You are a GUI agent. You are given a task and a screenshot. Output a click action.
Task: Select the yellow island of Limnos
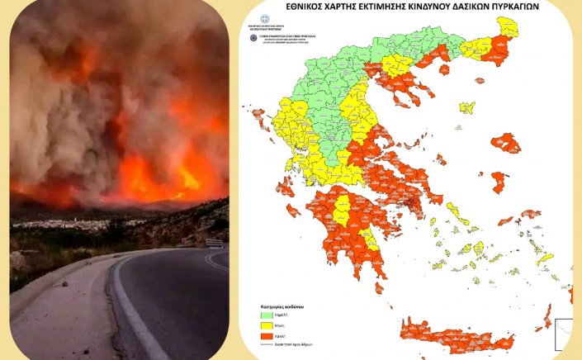click(467, 107)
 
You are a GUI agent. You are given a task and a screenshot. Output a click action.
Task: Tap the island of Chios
click(499, 182)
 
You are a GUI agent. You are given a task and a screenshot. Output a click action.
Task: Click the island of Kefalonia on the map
click(285, 188)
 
